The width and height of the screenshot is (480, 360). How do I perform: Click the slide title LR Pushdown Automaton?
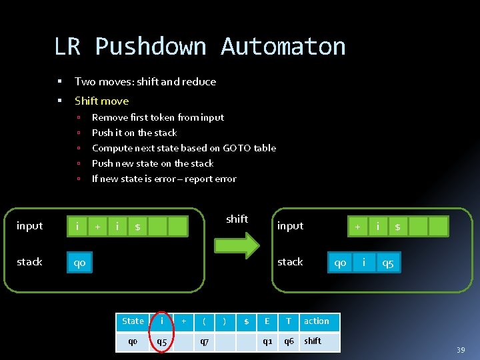tap(199, 47)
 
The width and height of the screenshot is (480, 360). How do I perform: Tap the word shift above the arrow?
tap(237, 219)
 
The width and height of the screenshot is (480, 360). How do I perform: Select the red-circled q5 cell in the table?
tap(161, 342)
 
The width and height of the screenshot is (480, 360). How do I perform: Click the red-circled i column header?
tap(161, 321)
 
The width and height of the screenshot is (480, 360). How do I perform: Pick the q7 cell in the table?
tap(204, 342)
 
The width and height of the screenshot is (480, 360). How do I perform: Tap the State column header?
tap(133, 321)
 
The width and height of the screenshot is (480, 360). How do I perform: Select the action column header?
tap(317, 321)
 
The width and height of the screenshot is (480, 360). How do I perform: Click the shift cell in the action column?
tap(313, 341)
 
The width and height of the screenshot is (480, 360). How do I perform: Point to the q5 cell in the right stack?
tap(387, 263)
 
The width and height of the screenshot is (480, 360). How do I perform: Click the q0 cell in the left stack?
tap(79, 263)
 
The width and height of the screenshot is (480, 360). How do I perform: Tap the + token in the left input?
tap(97, 227)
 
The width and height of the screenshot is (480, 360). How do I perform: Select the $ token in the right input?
tap(397, 227)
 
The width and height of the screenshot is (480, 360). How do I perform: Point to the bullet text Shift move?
tap(101, 101)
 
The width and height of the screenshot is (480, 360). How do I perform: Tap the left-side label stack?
tap(29, 261)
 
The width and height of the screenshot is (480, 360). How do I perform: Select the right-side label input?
tap(290, 226)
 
